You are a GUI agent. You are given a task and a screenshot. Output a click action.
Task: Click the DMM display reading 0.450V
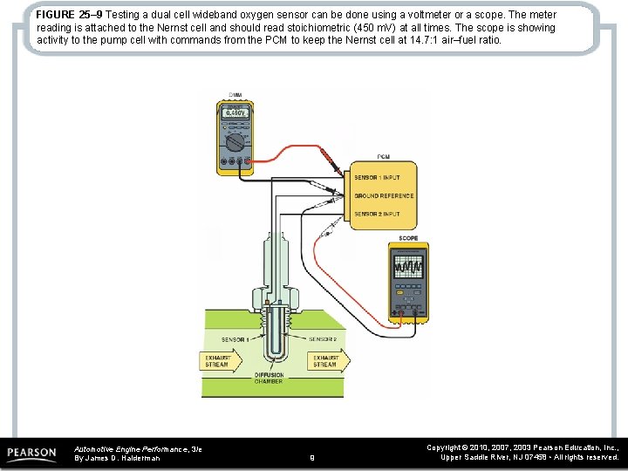(x=235, y=113)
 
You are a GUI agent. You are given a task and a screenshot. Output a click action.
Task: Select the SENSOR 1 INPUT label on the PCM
(x=378, y=178)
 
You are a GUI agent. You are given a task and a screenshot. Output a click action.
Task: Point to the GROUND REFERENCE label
(x=384, y=196)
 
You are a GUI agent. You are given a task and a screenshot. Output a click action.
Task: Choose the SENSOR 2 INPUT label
(x=378, y=214)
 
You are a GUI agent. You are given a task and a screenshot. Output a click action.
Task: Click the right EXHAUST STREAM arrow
(x=327, y=360)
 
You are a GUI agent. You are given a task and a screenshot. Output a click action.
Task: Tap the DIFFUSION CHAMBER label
(x=270, y=379)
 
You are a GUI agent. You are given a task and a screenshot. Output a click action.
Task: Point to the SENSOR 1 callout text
(x=235, y=339)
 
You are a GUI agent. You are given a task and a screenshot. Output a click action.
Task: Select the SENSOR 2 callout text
(x=323, y=339)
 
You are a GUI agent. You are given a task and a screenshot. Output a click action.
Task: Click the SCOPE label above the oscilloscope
(x=408, y=238)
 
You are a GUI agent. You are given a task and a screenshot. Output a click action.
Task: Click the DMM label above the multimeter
(x=235, y=94)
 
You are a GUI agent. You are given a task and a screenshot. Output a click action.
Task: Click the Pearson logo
(x=32, y=454)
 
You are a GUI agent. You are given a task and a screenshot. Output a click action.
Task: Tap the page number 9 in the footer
(x=313, y=456)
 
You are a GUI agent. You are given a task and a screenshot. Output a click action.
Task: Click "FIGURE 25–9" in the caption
(x=70, y=16)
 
